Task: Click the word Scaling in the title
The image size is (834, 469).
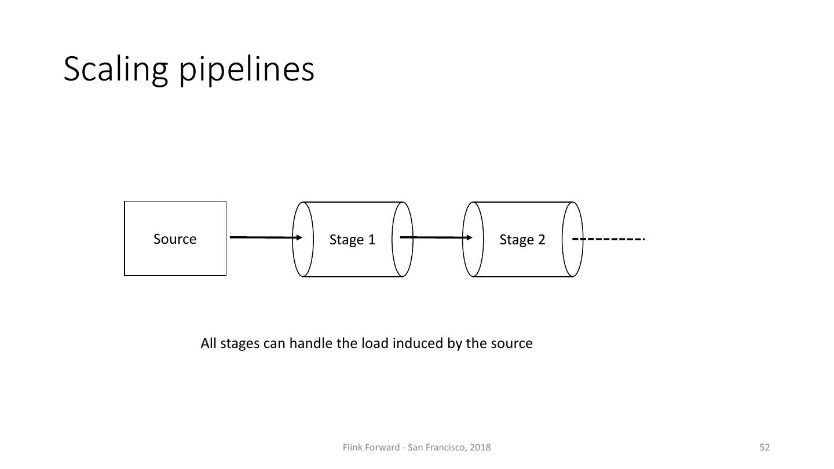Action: coord(116,70)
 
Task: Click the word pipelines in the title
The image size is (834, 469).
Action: coord(247,70)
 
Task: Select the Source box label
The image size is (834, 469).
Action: coord(175,239)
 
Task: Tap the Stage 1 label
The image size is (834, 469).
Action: coord(352,240)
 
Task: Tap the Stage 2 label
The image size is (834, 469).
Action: coord(522,240)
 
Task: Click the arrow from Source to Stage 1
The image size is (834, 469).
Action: coord(266,237)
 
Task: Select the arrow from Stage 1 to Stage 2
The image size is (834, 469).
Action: coord(436,237)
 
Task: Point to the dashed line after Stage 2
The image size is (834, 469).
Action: coord(608,239)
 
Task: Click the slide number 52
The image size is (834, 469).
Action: coord(765,447)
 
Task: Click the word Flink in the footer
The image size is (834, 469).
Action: coord(351,447)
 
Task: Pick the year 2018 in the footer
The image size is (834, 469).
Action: coord(480,447)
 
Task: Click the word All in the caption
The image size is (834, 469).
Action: coord(209,343)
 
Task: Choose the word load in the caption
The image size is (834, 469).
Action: coord(375,343)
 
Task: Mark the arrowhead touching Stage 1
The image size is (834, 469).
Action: coord(299,237)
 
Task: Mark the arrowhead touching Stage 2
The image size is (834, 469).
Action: coord(469,237)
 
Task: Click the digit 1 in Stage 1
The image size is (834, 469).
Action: coord(372,239)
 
